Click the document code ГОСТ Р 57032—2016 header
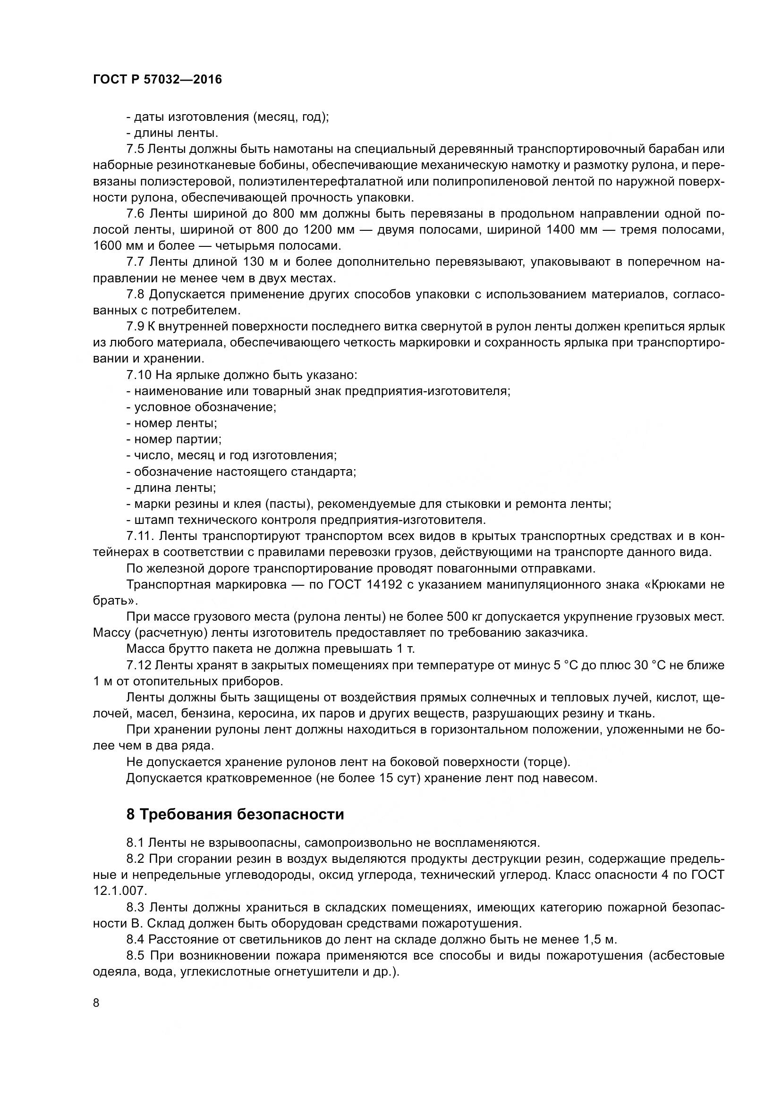tap(157, 80)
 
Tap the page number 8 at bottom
tap(96, 1003)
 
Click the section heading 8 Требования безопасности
tap(235, 814)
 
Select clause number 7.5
tap(135, 149)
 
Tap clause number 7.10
tap(138, 375)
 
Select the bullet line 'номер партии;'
tap(174, 439)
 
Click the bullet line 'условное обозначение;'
tap(201, 407)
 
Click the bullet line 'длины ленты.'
tap(172, 133)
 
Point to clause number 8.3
tap(136, 907)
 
